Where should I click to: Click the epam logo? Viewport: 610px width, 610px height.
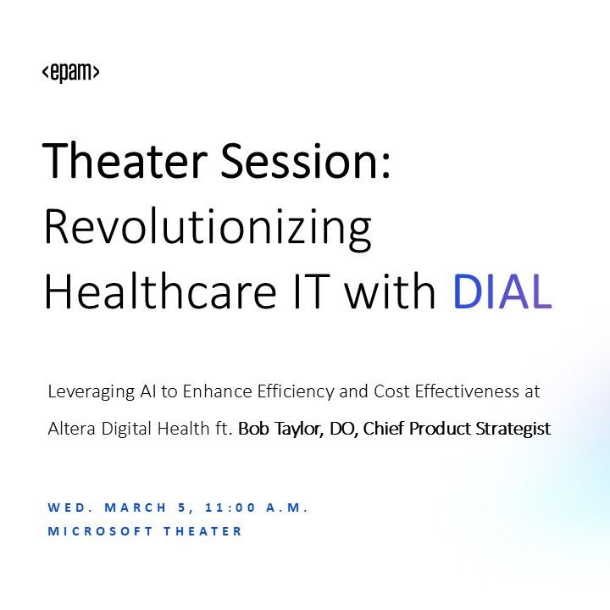(71, 73)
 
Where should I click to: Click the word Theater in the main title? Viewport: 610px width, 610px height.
(122, 160)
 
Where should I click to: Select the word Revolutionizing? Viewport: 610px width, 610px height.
(208, 228)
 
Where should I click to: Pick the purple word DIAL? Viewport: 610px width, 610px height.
(502, 292)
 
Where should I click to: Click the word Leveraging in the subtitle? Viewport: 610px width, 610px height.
(86, 392)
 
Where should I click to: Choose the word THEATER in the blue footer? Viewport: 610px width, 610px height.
(204, 531)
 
